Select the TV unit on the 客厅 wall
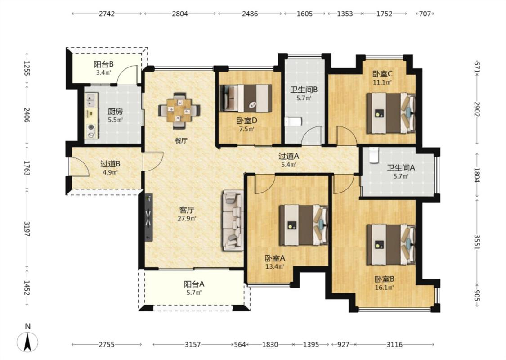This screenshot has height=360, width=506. point(148,218)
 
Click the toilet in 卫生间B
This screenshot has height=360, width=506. point(293,121)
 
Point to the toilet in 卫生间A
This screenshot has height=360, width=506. point(373,155)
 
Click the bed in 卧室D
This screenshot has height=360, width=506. point(246,98)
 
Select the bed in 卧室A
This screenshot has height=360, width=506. point(304,225)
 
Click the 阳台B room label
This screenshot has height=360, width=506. point(103,64)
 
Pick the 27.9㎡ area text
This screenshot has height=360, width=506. point(187,219)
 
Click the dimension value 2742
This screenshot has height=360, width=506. point(107,14)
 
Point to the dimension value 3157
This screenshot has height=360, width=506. point(193,345)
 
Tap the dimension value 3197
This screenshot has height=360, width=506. point(27,229)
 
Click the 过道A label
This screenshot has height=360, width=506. point(289,157)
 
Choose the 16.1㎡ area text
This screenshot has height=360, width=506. point(385,288)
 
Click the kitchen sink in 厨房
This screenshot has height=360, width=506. point(91,99)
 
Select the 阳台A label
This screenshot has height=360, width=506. point(194,284)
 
